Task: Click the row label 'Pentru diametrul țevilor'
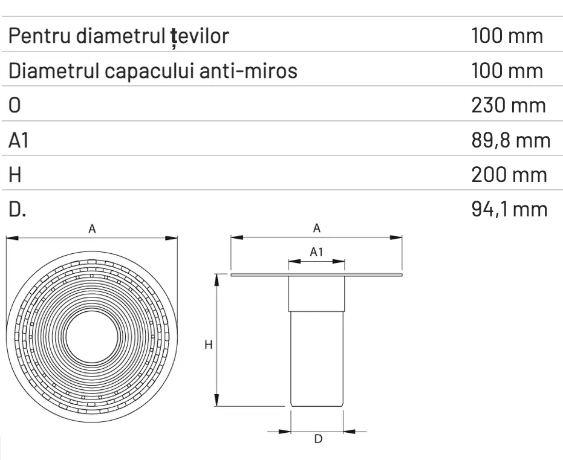pos(119,36)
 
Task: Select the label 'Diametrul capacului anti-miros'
pos(153,71)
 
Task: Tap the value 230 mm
pos(508,105)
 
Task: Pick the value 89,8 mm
pos(510,140)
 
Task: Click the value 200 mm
pos(508,175)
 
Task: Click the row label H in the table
pos(15,175)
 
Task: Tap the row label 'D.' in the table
pos(16,210)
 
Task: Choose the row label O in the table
pos(15,105)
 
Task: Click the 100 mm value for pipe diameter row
pos(507,36)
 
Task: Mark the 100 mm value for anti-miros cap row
pos(507,71)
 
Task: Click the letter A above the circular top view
pos(93,228)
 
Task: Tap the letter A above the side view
pos(316,228)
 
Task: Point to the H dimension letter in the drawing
pos(207,345)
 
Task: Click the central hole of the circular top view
pos(92,338)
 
